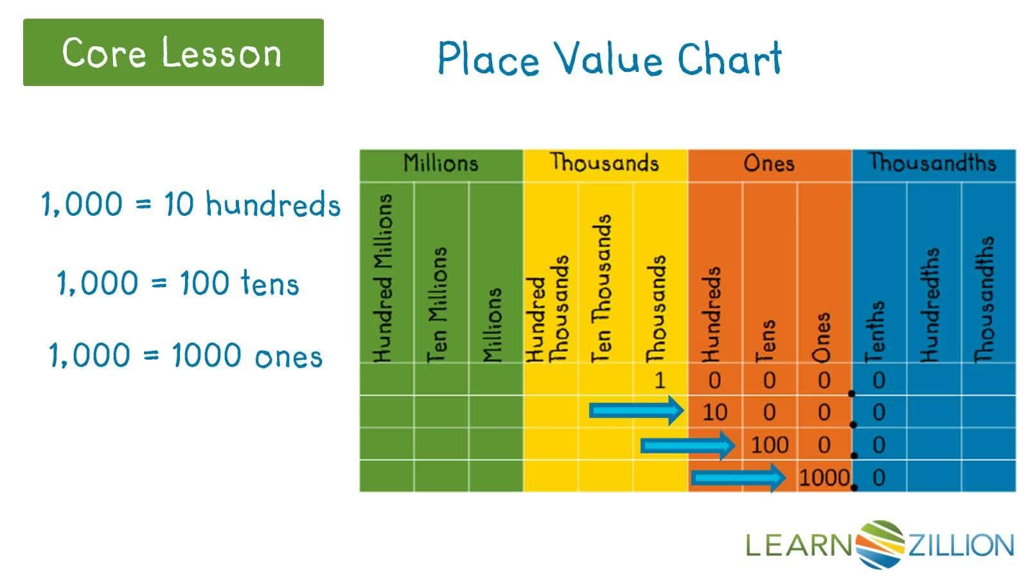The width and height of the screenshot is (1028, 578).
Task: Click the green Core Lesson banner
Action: (x=173, y=52)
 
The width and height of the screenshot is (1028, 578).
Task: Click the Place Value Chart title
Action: (x=609, y=59)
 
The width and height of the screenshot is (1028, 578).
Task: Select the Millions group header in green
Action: (x=441, y=164)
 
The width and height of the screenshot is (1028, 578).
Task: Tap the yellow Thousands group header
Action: (x=605, y=163)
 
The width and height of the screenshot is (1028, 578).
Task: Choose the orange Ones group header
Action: (x=769, y=164)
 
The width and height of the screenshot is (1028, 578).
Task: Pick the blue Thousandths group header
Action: (x=933, y=163)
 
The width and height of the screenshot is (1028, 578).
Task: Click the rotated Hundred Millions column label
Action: (x=383, y=278)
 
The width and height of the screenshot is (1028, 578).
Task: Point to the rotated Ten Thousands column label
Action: (x=601, y=288)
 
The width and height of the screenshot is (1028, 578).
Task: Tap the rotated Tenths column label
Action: (x=875, y=331)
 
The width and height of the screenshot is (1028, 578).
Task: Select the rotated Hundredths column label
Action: (x=930, y=305)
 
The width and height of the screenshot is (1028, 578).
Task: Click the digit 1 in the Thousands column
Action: (x=660, y=380)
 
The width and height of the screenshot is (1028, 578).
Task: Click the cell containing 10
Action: (x=714, y=412)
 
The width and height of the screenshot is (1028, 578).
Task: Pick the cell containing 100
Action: (x=769, y=444)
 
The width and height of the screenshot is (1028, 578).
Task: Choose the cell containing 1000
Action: (x=824, y=477)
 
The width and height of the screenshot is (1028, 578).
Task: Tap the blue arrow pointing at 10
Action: (x=636, y=410)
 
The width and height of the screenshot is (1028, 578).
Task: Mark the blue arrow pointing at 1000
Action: (x=738, y=477)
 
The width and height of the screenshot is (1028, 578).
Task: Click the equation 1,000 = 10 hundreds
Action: (x=191, y=204)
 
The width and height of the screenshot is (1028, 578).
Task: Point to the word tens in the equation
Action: (x=270, y=283)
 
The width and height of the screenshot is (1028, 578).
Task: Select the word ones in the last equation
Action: (x=288, y=356)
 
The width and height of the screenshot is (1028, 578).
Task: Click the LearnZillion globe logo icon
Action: (x=880, y=545)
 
